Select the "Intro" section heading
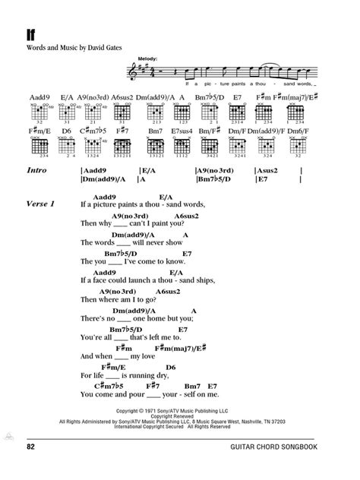tap(36, 172)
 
